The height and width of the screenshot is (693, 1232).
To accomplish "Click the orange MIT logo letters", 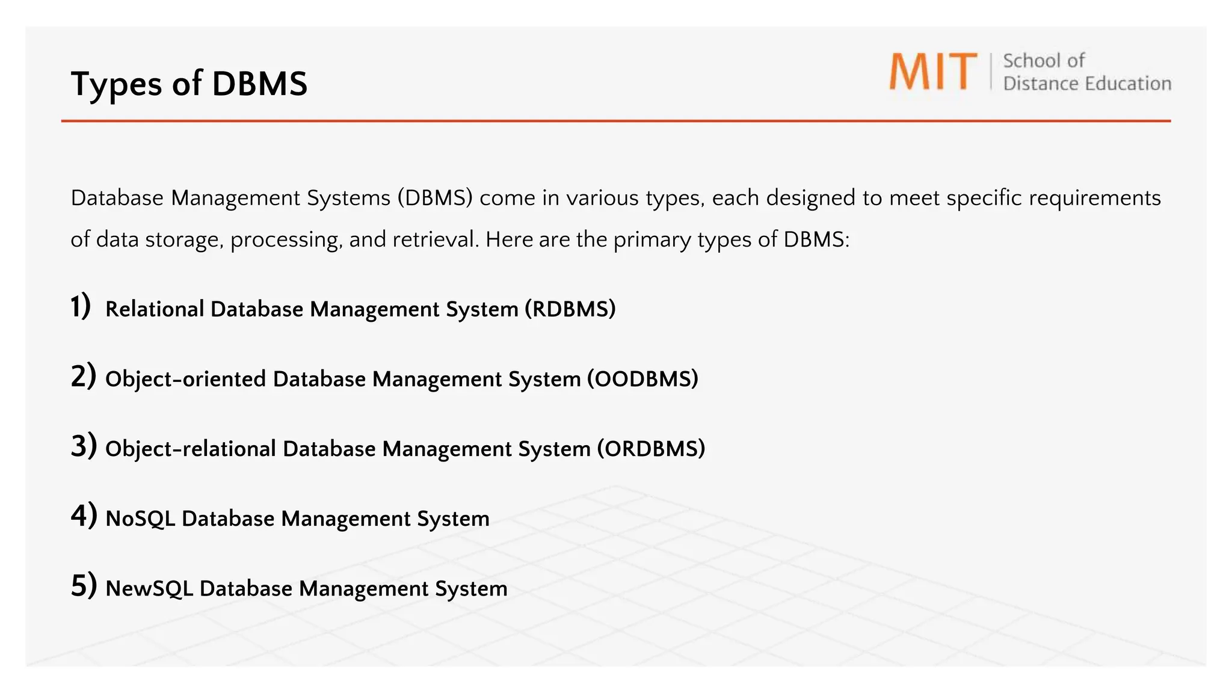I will pos(933,72).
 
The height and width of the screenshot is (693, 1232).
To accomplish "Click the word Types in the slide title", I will pos(115,84).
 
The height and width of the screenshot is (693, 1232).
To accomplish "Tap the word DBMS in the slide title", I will pos(259,84).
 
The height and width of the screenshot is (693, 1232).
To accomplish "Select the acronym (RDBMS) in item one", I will pos(570,309).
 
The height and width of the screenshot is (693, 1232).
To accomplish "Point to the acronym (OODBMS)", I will pos(642,379).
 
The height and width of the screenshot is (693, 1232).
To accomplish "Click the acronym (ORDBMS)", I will pos(651,449).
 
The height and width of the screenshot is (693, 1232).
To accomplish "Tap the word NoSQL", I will pos(140,519).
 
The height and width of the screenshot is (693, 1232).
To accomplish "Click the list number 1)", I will pos(81,306).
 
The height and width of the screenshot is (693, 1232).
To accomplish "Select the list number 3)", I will pos(84,446).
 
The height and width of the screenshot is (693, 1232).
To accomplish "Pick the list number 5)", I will pos(84,586).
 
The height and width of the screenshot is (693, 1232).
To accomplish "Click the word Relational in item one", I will pos(155,309).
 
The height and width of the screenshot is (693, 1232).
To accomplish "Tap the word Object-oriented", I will pos(185,379).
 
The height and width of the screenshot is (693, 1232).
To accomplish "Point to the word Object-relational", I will pos(190,449).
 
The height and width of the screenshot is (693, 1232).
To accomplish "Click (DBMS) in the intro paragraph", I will pos(434,198).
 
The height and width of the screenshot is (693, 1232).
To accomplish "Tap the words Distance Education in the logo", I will pos(1087,84).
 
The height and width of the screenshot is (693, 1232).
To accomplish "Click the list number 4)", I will pos(84,516).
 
